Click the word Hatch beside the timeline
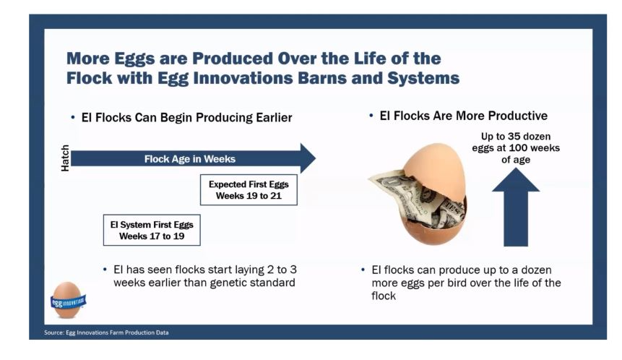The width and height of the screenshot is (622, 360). coord(65,158)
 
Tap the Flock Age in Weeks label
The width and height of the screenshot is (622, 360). coord(189,159)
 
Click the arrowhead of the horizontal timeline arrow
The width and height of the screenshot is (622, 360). coord(308,158)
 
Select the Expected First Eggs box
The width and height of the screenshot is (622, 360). coord(249,189)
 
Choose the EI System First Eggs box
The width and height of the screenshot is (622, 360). coord(152,230)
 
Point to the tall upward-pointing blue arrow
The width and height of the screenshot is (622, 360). coord(516,207)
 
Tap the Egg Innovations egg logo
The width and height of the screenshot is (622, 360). coord(68,301)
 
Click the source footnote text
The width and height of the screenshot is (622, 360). coord(106,333)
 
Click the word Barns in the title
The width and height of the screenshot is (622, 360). coord(319,78)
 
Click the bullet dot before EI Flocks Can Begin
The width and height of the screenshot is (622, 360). coord(72,117)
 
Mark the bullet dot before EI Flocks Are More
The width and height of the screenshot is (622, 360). coord(371,116)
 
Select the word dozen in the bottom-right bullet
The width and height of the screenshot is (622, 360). coord(536,270)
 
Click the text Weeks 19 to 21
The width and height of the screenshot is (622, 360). coord(249,196)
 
